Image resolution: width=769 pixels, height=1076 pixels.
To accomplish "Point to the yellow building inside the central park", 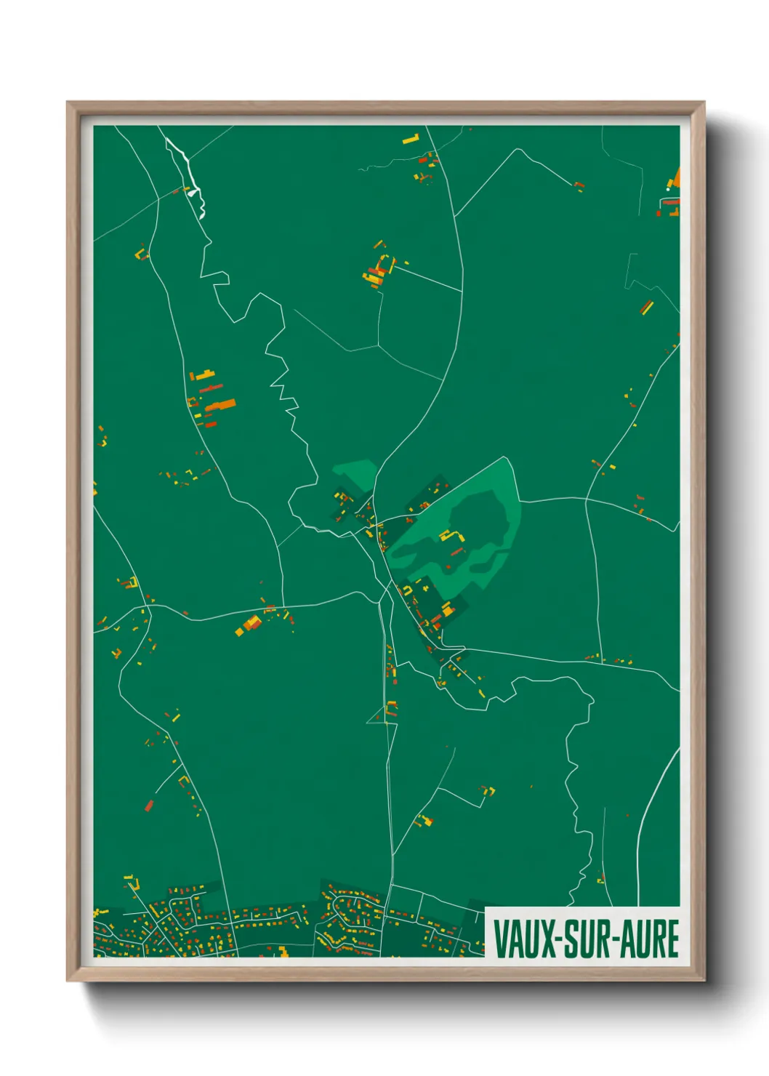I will pos(448,537).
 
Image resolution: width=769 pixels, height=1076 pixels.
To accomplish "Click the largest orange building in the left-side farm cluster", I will pos(221,404).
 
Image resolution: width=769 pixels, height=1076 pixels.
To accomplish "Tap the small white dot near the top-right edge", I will pos(669,190).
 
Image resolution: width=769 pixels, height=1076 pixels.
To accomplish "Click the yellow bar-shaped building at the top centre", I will pos(411,138).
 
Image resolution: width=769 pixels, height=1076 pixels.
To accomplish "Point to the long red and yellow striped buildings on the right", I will pos(646,307).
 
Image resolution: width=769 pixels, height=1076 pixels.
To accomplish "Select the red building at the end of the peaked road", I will pos(579,186).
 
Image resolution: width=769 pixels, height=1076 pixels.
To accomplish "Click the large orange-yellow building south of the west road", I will pos(251,623).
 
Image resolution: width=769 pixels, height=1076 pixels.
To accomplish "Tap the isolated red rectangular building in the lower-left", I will pos(150,804).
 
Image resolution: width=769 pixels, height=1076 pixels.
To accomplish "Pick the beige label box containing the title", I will pos(582,932).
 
